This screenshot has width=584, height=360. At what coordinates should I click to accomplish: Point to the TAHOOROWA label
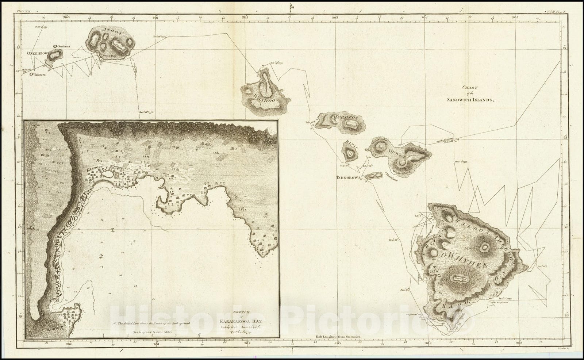(x=348, y=177)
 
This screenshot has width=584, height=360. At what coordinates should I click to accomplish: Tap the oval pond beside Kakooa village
(x=107, y=175)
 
